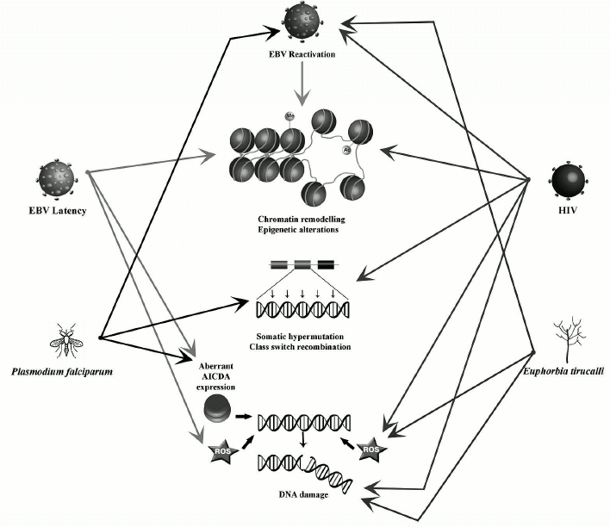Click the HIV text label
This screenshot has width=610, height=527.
click(567, 211)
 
